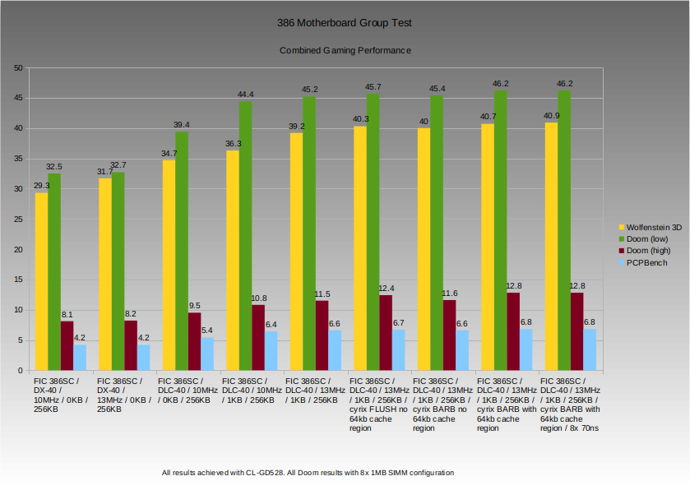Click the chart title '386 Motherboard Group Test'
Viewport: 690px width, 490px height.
pyautogui.click(x=345, y=23)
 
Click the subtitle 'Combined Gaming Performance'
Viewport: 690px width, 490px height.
pyautogui.click(x=345, y=50)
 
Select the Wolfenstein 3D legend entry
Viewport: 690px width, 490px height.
pyautogui.click(x=654, y=226)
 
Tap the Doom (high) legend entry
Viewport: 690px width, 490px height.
pyautogui.click(x=648, y=251)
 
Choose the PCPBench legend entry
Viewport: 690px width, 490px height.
pyautogui.click(x=646, y=263)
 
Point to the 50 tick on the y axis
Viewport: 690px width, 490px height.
pyautogui.click(x=18, y=68)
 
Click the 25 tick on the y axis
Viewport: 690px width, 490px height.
pyautogui.click(x=18, y=220)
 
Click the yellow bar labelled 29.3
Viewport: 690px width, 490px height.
pyautogui.click(x=41, y=281)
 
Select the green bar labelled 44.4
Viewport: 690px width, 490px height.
pyautogui.click(x=246, y=236)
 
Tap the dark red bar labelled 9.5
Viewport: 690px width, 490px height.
pyautogui.click(x=195, y=341)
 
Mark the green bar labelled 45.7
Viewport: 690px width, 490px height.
pyautogui.click(x=373, y=232)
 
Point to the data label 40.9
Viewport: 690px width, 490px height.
pyautogui.click(x=551, y=116)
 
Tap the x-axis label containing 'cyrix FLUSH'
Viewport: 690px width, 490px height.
pyautogui.click(x=377, y=404)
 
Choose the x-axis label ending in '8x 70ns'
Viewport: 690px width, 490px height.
pyautogui.click(x=570, y=404)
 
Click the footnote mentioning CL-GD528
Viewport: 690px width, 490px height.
pyautogui.click(x=308, y=473)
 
